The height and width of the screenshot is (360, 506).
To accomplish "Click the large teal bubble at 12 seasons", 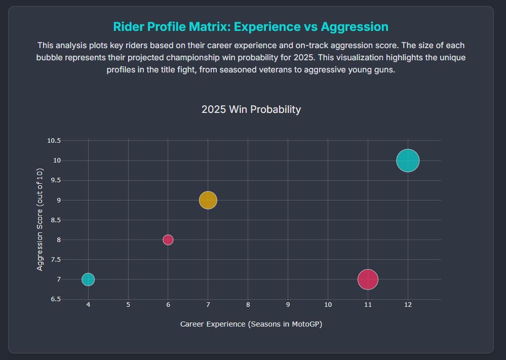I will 408,161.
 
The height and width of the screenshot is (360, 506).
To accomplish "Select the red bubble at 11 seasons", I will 368,279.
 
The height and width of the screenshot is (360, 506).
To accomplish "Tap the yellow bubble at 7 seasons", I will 208,200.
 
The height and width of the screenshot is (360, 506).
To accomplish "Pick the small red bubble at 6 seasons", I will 168,239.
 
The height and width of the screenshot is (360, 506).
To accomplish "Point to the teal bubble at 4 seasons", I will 88,279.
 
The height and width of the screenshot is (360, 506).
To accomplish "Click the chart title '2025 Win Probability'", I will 251,109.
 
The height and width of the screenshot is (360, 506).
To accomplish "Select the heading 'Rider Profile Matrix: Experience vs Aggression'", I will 251,27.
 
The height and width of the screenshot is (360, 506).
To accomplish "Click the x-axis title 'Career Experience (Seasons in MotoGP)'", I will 251,324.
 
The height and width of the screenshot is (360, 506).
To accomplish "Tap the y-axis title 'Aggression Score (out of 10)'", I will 40,220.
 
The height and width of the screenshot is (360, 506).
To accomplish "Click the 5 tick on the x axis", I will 128,305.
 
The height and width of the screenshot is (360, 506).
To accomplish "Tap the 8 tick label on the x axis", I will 248,305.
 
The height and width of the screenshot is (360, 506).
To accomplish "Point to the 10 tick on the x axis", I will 328,305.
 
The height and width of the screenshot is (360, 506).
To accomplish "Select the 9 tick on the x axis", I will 288,305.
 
